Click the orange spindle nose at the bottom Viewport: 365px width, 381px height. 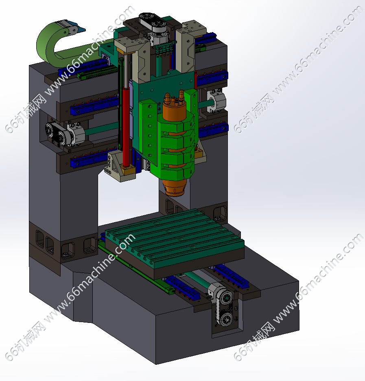click(x=175, y=187)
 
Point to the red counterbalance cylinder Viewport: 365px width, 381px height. click(x=127, y=126)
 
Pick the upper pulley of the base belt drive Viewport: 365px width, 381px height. click(x=227, y=298)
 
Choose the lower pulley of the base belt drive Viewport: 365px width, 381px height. click(x=227, y=318)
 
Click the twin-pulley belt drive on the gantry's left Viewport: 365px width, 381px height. click(x=56, y=134)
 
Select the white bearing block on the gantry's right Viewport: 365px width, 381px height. click(x=217, y=101)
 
